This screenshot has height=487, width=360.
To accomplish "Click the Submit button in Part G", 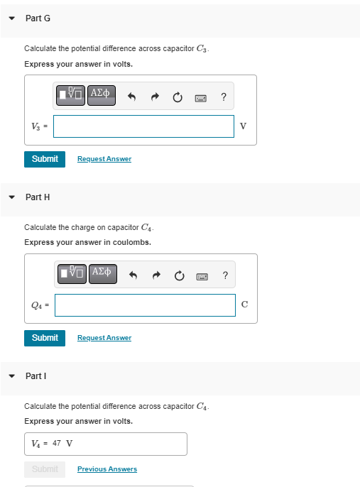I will (45, 159).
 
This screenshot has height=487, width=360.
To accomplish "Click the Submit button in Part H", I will (45, 338).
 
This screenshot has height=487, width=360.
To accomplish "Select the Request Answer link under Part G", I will (104, 159).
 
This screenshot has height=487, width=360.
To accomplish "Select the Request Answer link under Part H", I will (104, 338).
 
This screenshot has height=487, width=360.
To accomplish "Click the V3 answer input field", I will (143, 126).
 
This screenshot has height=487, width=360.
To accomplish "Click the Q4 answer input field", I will (145, 305).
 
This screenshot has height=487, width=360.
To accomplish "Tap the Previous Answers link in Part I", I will (107, 469).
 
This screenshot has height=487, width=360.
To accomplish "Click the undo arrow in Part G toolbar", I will (131, 97).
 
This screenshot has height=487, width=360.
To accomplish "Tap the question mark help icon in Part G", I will (224, 97).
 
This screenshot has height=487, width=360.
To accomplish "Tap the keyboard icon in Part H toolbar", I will (202, 276).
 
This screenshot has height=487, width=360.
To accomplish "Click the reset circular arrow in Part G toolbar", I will (178, 97).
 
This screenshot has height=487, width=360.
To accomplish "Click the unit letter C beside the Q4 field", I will (244, 305).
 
